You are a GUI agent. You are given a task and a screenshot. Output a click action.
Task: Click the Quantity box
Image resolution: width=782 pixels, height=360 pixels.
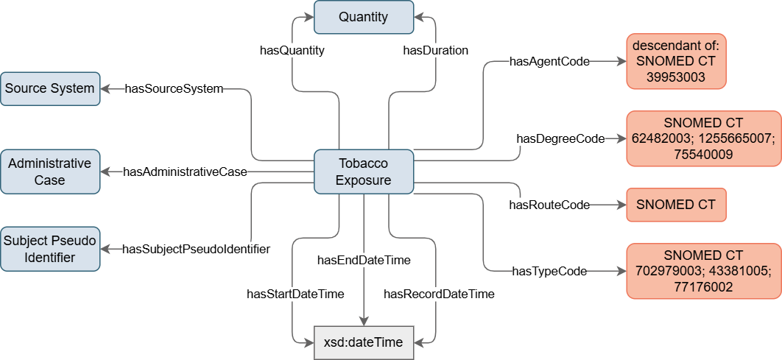364,17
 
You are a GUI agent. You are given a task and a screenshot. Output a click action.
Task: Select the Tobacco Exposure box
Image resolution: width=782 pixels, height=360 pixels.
364,171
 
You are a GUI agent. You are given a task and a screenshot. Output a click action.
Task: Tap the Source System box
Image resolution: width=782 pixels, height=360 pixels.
49,88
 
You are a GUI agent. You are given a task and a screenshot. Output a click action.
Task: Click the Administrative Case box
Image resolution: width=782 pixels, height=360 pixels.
49,171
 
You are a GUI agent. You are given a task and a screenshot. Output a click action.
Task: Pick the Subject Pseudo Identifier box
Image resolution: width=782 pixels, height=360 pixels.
49,248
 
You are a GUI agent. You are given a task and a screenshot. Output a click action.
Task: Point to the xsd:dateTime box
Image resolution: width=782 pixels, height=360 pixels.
364,342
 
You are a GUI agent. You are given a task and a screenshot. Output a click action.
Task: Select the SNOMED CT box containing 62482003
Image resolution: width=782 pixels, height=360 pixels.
703,138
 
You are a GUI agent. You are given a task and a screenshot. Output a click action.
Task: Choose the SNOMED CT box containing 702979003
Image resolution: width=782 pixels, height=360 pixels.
703,271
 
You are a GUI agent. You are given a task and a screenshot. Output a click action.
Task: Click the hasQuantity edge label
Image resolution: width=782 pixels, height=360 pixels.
292,51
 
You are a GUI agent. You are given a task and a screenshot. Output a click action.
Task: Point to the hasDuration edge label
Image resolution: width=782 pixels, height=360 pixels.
436,51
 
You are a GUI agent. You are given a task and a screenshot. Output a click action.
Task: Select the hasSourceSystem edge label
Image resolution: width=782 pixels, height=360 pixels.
174,89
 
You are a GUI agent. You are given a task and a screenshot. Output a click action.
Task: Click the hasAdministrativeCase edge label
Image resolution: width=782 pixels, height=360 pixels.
185,172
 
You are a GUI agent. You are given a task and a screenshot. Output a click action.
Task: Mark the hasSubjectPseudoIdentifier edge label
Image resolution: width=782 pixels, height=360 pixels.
196,249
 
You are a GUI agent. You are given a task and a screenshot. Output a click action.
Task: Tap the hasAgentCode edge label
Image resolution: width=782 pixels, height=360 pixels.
549,62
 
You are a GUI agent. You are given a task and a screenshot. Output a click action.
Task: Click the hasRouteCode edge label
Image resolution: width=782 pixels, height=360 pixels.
549,205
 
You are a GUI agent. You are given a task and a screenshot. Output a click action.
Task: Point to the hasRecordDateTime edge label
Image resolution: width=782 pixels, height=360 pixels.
439,294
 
